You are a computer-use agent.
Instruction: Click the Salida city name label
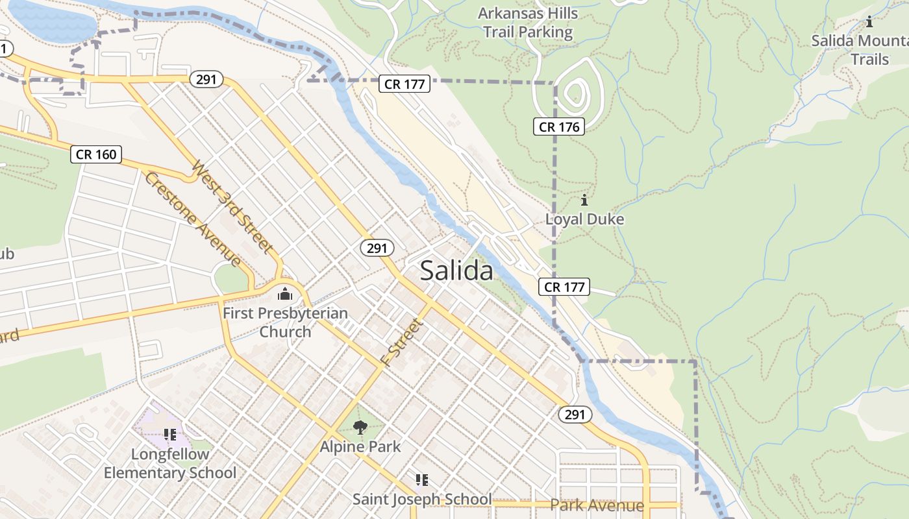click(x=456, y=271)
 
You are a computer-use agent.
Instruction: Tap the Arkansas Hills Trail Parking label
click(x=527, y=22)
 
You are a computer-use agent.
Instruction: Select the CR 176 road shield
click(x=559, y=127)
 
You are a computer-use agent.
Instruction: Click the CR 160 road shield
click(x=96, y=154)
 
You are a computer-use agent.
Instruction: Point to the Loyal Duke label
click(x=584, y=219)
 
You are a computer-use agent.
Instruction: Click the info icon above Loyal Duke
click(x=584, y=200)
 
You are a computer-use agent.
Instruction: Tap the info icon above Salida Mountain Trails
click(x=869, y=22)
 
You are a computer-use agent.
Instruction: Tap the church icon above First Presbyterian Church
click(x=285, y=295)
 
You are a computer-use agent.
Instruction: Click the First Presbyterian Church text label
click(x=285, y=322)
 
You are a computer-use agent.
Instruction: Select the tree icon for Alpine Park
click(x=360, y=427)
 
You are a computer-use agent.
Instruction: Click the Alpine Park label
click(x=360, y=447)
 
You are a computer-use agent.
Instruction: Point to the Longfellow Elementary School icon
click(x=170, y=435)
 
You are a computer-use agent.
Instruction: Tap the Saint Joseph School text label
click(x=422, y=500)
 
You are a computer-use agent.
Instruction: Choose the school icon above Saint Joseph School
click(x=422, y=480)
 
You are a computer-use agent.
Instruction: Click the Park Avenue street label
click(x=597, y=505)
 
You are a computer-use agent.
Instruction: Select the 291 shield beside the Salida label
click(x=377, y=248)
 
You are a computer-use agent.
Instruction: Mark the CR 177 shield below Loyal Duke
click(x=564, y=287)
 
